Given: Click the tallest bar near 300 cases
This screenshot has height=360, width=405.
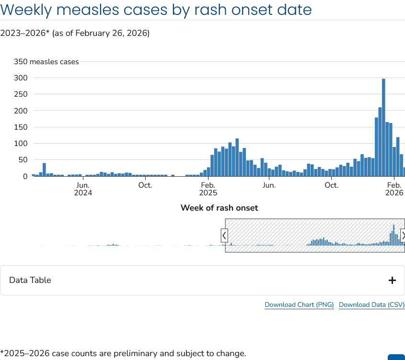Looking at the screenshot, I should tap(383, 127).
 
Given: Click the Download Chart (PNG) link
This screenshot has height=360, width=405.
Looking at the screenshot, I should tap(299, 304).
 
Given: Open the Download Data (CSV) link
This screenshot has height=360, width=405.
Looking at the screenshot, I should tap(371, 304).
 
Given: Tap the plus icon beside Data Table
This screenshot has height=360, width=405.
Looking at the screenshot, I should tap(392, 281).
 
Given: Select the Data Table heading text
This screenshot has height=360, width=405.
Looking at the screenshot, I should tap(30, 280).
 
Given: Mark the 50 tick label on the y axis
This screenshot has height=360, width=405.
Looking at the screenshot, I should tap(23, 160).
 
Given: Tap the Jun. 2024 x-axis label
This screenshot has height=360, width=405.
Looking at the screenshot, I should tap(83, 189).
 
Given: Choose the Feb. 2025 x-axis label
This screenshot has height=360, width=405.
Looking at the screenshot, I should tap(208, 189).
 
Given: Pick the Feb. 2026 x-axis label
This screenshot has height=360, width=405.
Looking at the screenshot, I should tap(394, 189).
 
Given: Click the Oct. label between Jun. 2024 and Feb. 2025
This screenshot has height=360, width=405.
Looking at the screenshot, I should tap(145, 185).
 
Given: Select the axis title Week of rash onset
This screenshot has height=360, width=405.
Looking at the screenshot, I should tap(219, 208).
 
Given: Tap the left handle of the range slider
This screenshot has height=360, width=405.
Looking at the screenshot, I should tap(224, 236).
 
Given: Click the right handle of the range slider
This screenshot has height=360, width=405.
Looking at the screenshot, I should tap(403, 236).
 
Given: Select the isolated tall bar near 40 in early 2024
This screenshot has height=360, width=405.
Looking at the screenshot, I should tap(44, 169).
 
